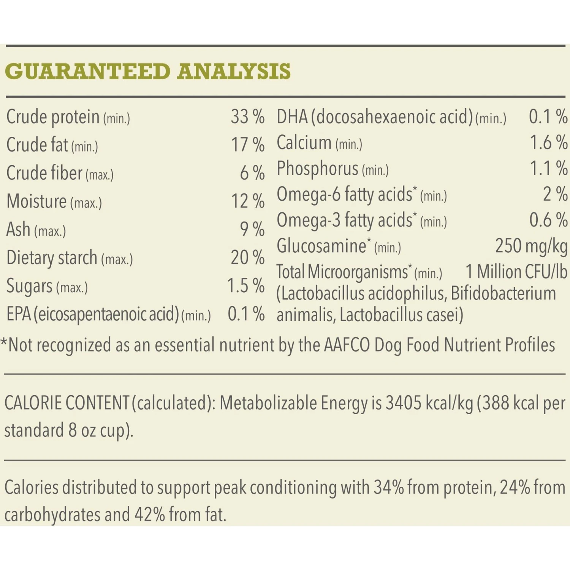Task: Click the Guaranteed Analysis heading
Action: point(148,71)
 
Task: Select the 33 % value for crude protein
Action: point(247,117)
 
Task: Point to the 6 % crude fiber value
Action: point(252,173)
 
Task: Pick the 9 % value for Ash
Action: point(252,229)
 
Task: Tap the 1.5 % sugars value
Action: point(245,286)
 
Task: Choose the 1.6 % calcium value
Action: point(548,142)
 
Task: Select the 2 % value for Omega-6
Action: point(555,194)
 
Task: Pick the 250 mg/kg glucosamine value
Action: point(531,246)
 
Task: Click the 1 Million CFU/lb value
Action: point(516,272)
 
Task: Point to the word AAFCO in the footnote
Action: point(347,345)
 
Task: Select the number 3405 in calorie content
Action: point(403,403)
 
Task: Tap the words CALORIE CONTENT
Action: point(67,403)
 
